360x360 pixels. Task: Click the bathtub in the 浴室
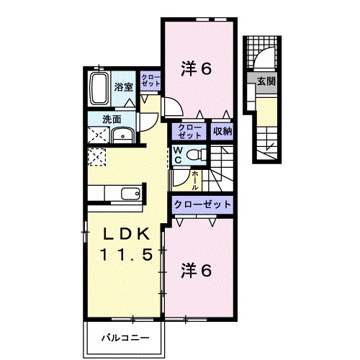tap(98, 89)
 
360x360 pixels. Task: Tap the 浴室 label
tap(123, 87)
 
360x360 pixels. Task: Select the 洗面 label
tap(112, 120)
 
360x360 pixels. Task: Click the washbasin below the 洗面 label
tap(123, 135)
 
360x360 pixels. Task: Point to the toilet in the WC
tap(196, 155)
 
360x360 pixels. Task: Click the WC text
tap(178, 156)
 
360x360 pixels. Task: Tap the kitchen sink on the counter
tap(130, 194)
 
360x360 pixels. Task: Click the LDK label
tap(126, 233)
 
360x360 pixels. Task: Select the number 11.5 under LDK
tap(126, 254)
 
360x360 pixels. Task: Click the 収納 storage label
tap(222, 131)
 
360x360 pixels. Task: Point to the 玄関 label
tap(266, 81)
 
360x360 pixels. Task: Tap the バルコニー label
tap(125, 338)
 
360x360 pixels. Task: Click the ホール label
tap(195, 180)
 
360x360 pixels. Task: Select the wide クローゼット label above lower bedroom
tap(202, 204)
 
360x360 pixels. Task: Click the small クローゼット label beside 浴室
tap(150, 80)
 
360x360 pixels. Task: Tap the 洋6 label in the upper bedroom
tap(197, 68)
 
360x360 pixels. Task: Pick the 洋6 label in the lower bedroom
tap(197, 270)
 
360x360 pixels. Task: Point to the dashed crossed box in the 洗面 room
tap(98, 135)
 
